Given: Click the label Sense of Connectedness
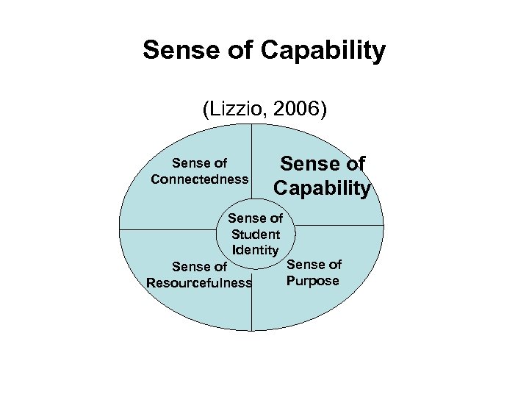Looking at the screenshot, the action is coord(199,171).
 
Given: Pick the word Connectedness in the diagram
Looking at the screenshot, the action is coord(199,179).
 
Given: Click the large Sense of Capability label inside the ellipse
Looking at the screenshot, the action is coord(322,176).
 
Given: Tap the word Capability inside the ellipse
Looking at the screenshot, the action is coord(322,188).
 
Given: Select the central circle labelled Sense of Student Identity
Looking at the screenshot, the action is coord(256,234).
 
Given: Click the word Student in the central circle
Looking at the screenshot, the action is coord(256,234).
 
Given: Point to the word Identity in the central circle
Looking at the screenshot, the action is coord(256,249).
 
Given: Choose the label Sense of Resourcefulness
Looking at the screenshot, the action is coord(199,275).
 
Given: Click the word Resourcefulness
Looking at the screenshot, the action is coord(199,283).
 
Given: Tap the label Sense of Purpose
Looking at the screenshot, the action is coord(314,273).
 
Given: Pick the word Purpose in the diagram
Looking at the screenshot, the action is coord(314,281).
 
